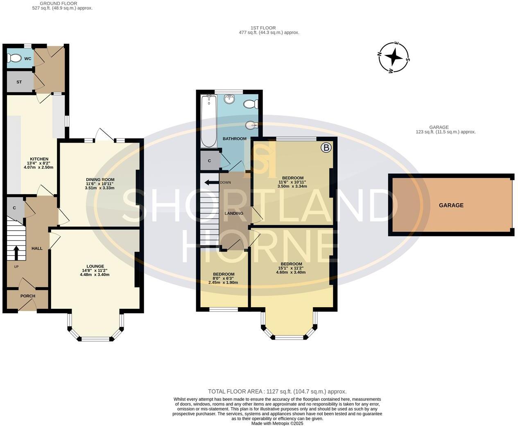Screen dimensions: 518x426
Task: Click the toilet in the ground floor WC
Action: click(x=14, y=59)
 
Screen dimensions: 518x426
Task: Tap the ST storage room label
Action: click(x=19, y=82)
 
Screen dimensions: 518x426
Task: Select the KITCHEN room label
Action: click(x=39, y=159)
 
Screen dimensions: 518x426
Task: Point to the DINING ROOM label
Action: click(x=100, y=179)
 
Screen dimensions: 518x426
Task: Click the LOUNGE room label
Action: click(x=95, y=266)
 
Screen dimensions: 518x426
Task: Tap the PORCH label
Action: click(x=28, y=296)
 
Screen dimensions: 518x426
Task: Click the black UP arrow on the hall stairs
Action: click(x=16, y=253)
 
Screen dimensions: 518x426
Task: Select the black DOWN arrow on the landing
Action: click(x=212, y=182)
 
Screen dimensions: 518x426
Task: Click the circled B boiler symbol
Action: click(x=326, y=147)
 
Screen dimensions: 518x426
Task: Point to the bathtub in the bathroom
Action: click(x=209, y=121)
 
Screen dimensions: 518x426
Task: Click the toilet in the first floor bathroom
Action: click(x=251, y=104)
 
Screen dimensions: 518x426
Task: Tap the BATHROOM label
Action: click(x=235, y=138)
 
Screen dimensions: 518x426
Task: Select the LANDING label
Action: click(x=234, y=213)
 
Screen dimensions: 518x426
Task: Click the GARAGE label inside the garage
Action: click(x=451, y=205)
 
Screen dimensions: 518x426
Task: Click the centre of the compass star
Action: click(x=394, y=57)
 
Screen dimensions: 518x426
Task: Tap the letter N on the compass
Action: click(x=380, y=54)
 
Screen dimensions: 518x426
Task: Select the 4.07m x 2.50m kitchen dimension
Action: click(x=38, y=167)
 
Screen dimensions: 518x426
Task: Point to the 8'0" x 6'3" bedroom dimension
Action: click(x=224, y=279)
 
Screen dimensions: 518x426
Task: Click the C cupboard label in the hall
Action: click(x=14, y=208)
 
